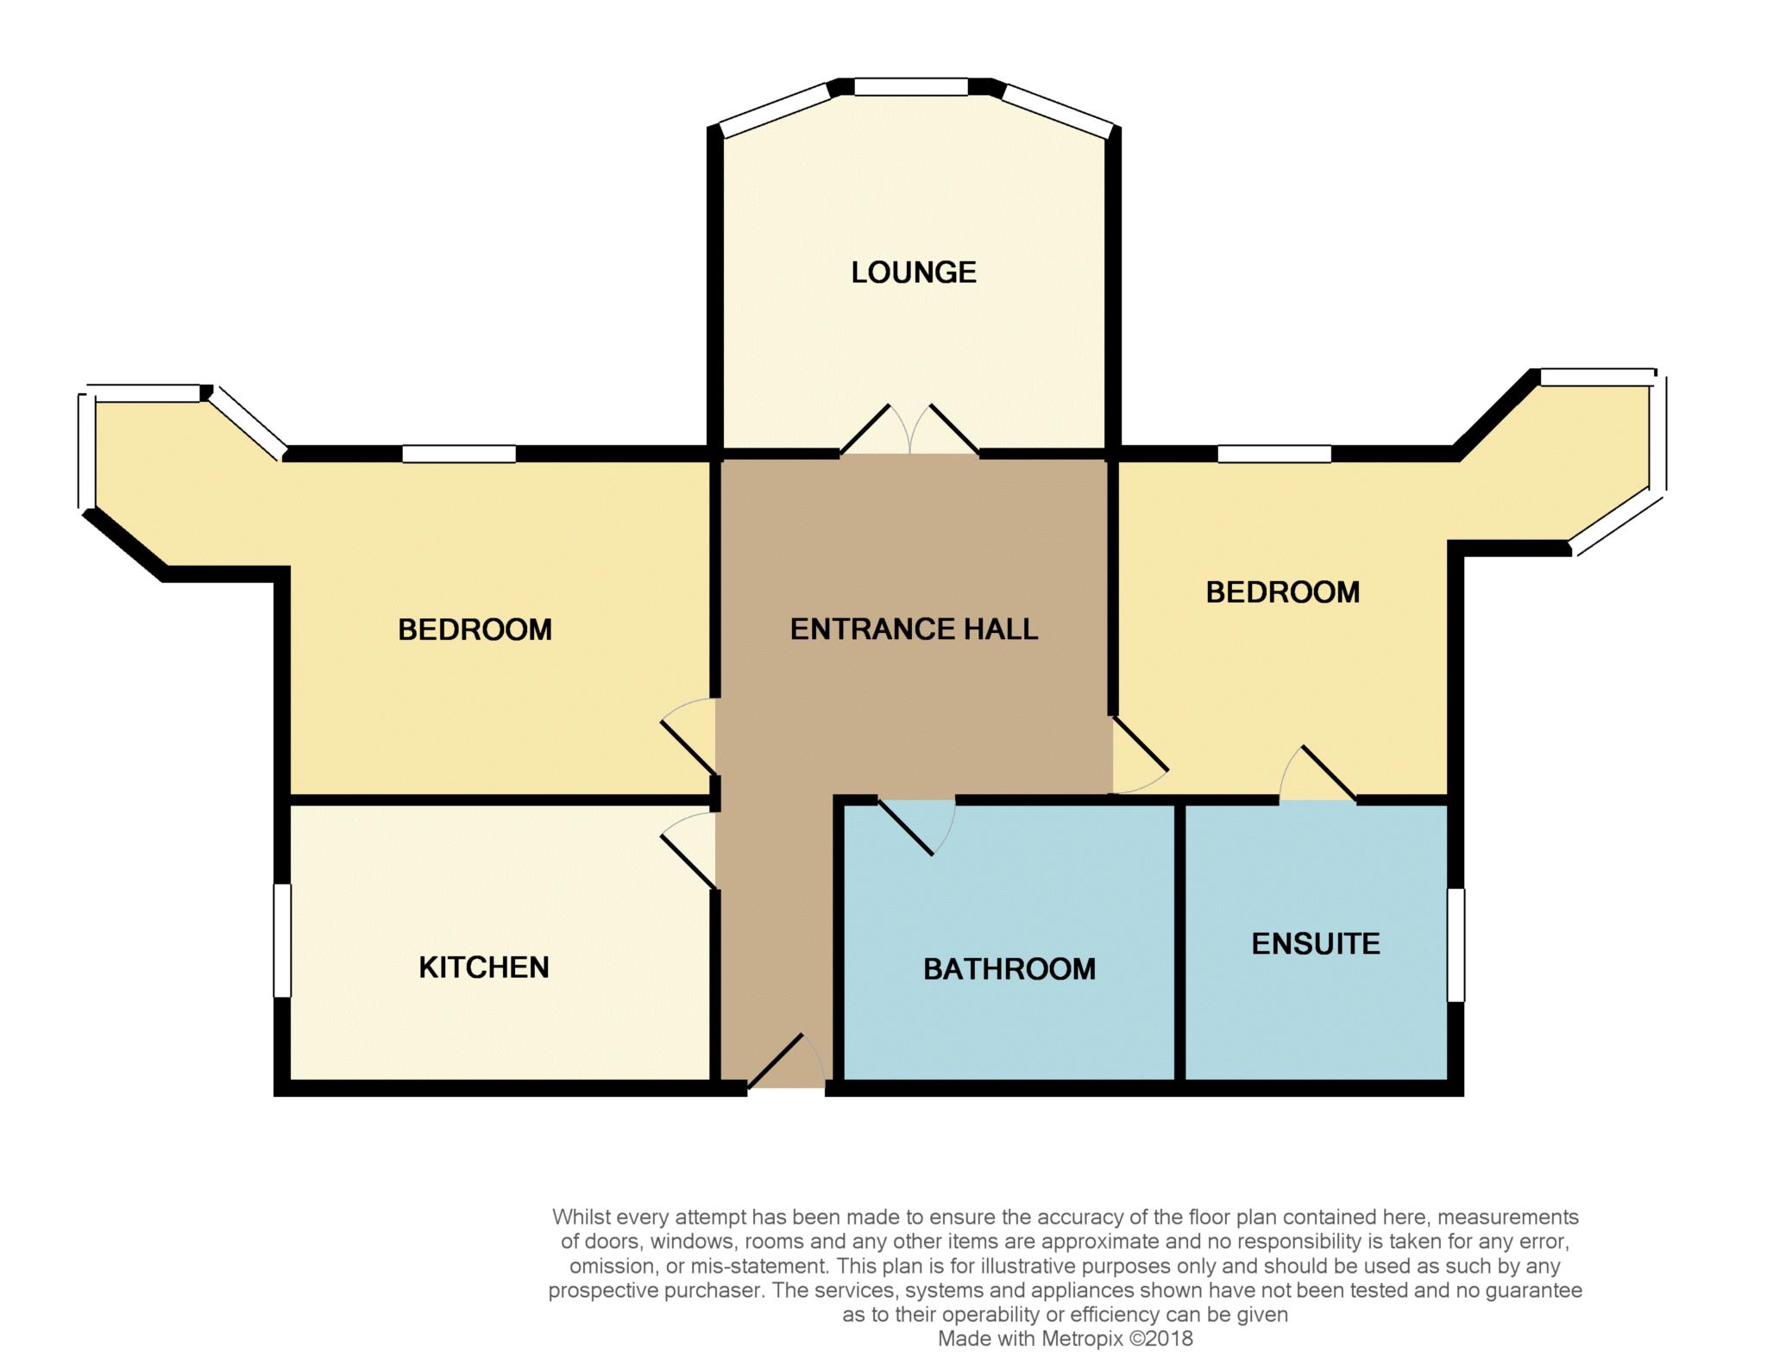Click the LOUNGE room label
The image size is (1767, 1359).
(914, 272)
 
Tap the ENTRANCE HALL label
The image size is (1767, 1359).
(914, 629)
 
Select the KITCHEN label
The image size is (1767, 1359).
(484, 968)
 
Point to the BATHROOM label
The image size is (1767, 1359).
(1009, 969)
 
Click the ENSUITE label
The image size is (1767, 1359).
(1316, 944)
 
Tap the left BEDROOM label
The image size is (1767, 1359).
(475, 629)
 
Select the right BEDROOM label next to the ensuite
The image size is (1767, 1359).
(1283, 592)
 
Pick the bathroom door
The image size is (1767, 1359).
(916, 826)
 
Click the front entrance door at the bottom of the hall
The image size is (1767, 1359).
(785, 1061)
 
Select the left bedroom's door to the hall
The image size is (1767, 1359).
(688, 736)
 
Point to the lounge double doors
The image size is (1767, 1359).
(909, 429)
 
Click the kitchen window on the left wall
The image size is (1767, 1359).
(281, 941)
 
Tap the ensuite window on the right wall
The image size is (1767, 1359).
(1456, 945)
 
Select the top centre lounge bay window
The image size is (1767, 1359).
(911, 86)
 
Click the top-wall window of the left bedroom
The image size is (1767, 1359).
(459, 454)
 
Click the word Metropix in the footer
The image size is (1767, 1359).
(1083, 1339)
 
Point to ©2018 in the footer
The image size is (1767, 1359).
(1161, 1339)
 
